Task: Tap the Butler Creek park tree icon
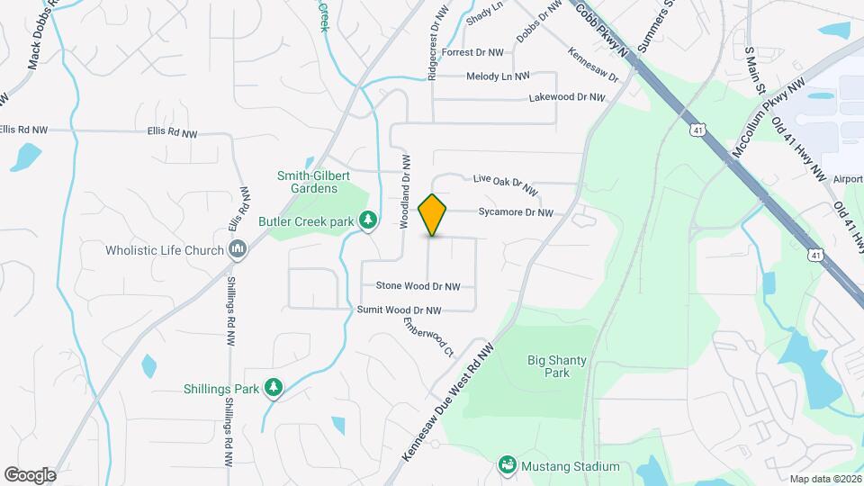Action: point(367,220)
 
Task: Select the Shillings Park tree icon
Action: point(273,388)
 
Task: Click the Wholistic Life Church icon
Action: point(238,249)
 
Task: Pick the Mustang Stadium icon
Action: point(507,466)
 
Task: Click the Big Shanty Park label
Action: point(556,366)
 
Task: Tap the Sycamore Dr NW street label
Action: point(515,213)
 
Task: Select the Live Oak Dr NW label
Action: point(505,183)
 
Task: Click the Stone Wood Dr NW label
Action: point(418,286)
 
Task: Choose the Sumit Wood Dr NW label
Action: point(400,310)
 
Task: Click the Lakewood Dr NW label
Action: point(566,96)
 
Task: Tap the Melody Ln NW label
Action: point(498,76)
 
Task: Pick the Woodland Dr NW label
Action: point(407,191)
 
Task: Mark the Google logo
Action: point(30,475)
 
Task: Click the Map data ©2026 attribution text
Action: point(824,479)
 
